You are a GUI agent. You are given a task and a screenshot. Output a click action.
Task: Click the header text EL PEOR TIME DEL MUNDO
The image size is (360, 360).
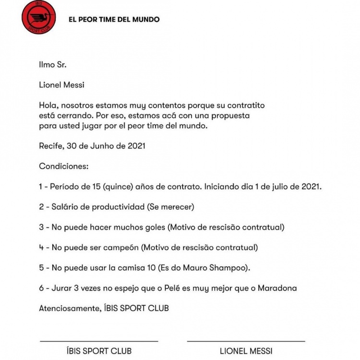(x=114, y=20)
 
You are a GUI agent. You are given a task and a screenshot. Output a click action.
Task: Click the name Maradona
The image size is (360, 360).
(x=277, y=288)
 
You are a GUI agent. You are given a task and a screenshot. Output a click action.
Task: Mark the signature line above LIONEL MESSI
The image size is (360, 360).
(x=246, y=341)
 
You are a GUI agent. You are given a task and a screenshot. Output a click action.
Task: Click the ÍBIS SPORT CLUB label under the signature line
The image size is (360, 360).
(x=99, y=351)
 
